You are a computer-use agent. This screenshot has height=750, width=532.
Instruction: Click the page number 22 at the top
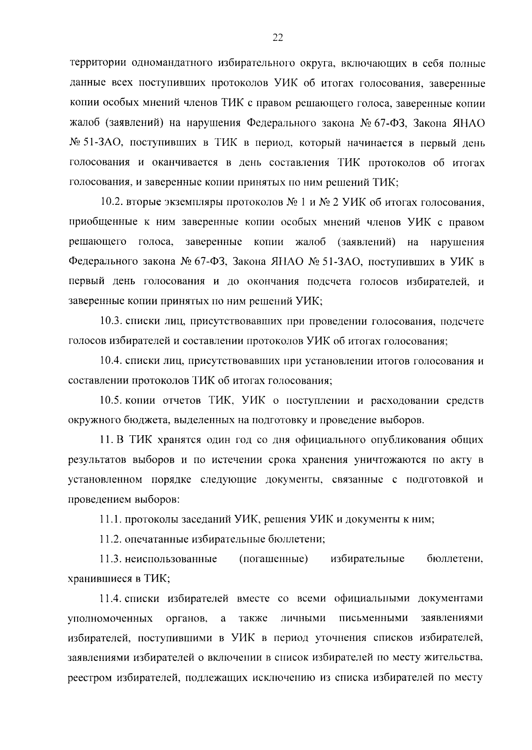coord(277,38)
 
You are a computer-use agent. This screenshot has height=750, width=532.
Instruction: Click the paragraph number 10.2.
coord(111,203)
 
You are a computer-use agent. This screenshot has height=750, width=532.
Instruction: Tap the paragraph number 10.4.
coord(111,361)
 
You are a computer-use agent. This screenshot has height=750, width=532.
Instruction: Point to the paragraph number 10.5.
coord(111,401)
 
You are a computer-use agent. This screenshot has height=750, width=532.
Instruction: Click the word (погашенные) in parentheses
coord(274,559)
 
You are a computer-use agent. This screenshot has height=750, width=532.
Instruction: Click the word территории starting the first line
coord(98,64)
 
